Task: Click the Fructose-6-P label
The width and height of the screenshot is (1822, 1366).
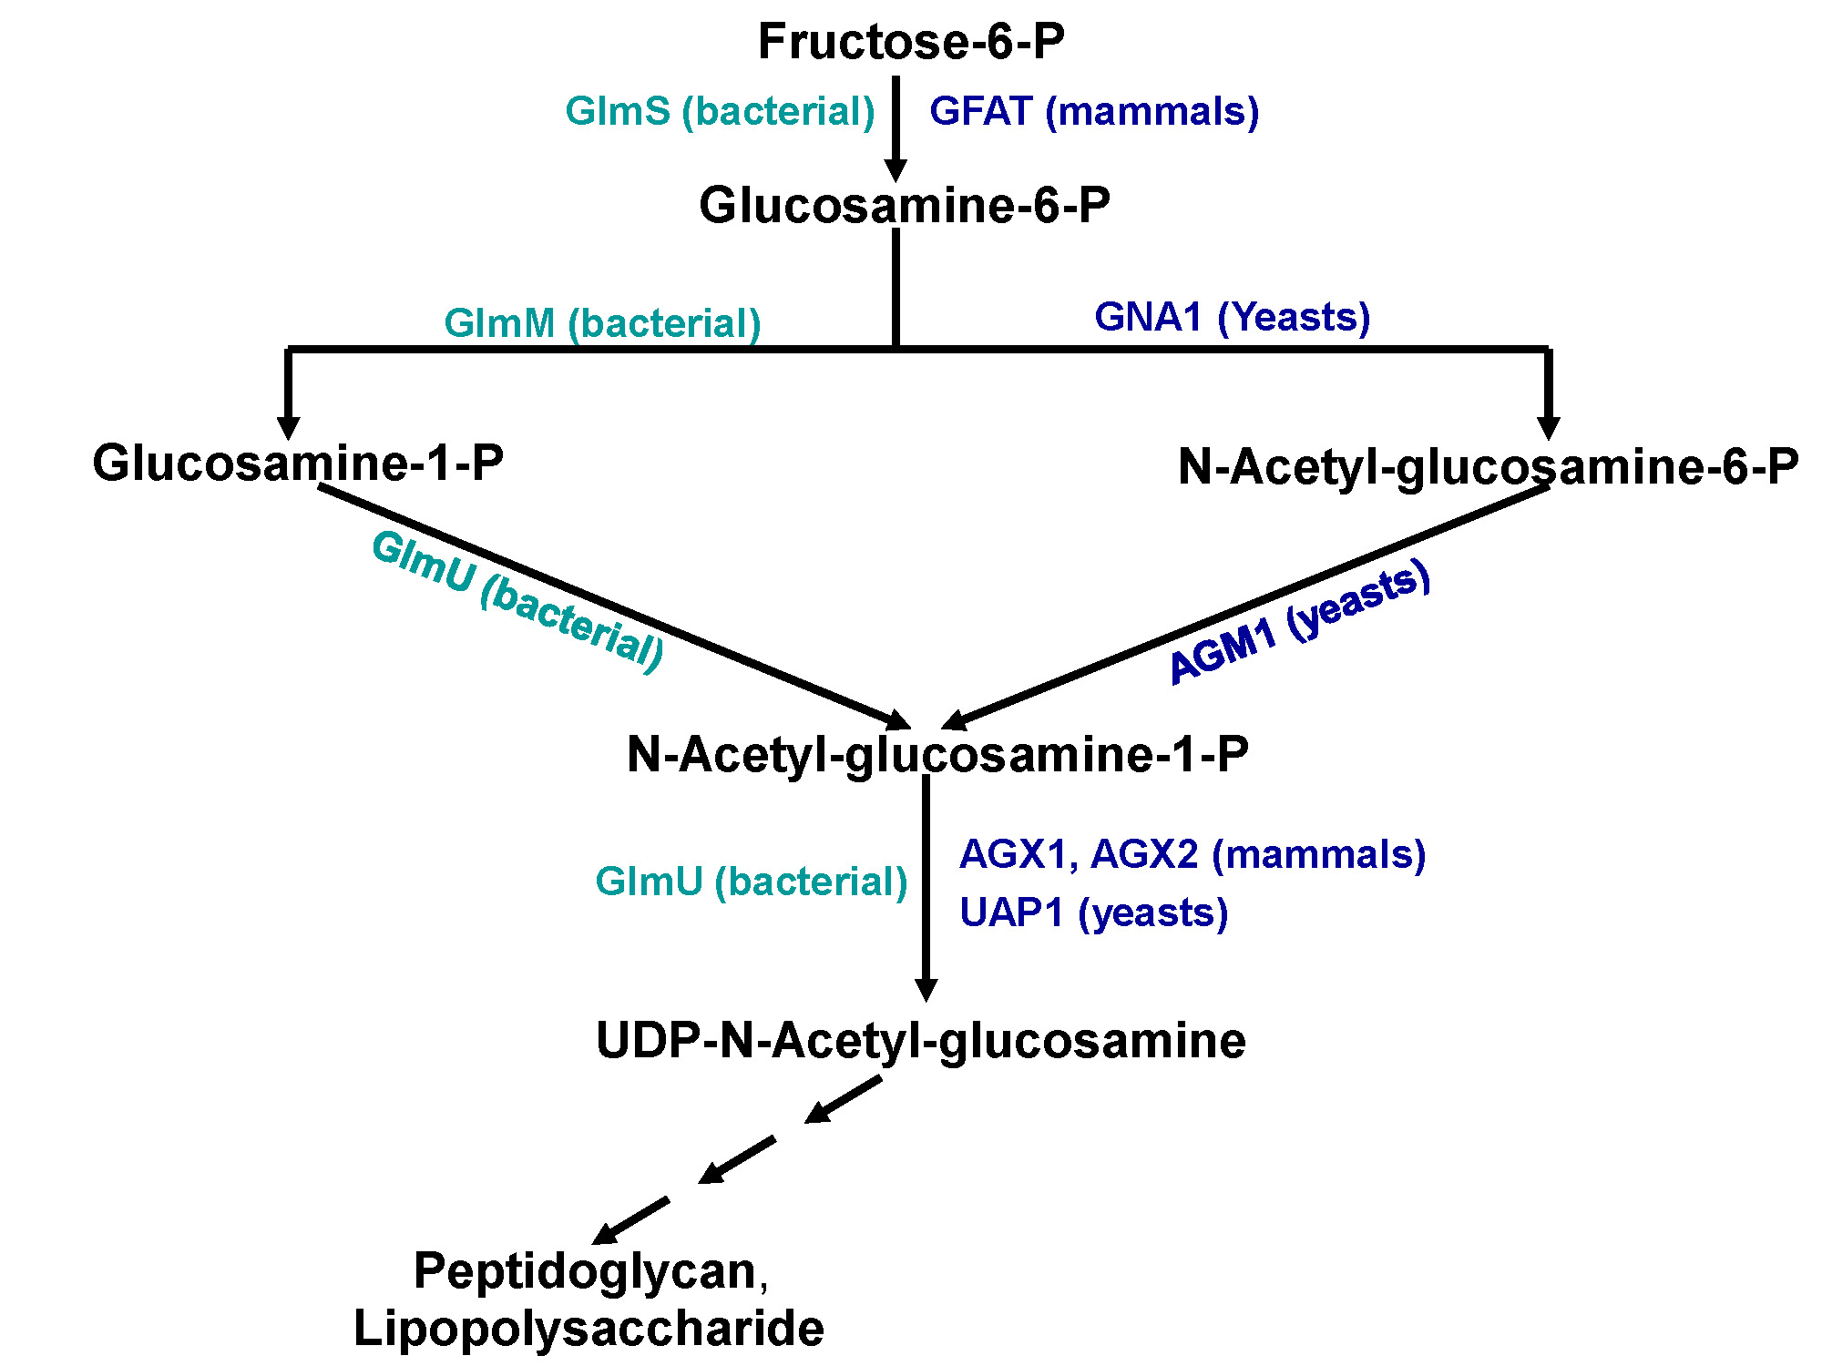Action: click(x=911, y=42)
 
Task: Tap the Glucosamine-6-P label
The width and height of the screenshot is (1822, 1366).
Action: click(x=904, y=205)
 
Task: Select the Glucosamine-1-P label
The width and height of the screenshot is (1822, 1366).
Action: click(x=298, y=463)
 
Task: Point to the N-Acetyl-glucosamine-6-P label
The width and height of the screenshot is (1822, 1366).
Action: click(x=1488, y=466)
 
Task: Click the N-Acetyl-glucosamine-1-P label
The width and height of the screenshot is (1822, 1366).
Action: click(x=937, y=755)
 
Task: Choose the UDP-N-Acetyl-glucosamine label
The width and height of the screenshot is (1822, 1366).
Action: click(x=920, y=1041)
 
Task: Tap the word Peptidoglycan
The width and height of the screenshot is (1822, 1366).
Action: click(x=585, y=1271)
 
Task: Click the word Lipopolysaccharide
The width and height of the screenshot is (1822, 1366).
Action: click(x=589, y=1329)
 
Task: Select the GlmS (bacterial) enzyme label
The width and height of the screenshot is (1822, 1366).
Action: click(x=720, y=112)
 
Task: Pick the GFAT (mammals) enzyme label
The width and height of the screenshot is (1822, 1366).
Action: click(x=1094, y=112)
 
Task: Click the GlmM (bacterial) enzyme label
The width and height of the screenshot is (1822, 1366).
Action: click(x=602, y=323)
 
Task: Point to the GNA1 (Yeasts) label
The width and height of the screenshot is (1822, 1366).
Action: click(x=1232, y=317)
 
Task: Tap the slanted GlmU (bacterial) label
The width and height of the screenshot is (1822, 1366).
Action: click(x=517, y=601)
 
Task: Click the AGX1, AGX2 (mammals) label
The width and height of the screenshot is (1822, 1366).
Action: click(x=1192, y=855)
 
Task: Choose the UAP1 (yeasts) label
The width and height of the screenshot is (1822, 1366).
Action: click(x=1093, y=912)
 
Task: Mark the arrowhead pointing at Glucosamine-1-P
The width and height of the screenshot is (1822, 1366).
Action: click(x=288, y=428)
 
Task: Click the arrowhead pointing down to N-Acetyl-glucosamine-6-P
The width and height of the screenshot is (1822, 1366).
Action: click(x=1548, y=428)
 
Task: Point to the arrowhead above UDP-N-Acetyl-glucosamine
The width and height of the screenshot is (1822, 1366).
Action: click(x=926, y=990)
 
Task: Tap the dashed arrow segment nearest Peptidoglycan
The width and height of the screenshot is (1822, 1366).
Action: click(x=630, y=1221)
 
